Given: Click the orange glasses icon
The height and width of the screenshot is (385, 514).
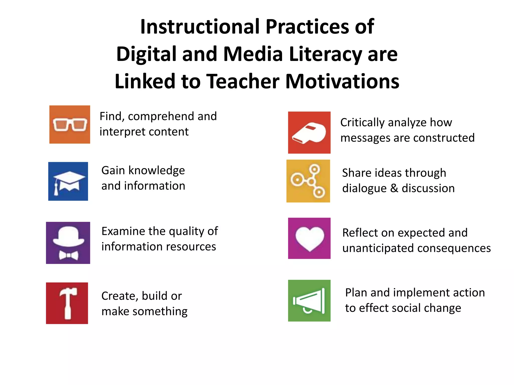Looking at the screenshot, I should click(x=70, y=125).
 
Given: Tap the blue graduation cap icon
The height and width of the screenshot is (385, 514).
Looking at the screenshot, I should click(x=68, y=181).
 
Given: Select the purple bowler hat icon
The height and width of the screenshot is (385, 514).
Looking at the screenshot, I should click(x=68, y=243).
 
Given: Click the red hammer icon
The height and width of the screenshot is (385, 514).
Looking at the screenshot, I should click(x=67, y=303).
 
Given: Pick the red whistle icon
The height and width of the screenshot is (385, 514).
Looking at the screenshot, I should click(x=309, y=132).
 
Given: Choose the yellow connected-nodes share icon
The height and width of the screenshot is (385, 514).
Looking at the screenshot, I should click(x=308, y=181).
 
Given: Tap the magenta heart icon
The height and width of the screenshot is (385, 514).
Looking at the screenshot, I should click(x=309, y=238).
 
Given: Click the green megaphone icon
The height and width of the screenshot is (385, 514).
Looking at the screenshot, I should click(x=309, y=301).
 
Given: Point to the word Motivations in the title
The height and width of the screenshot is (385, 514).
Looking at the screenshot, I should click(x=342, y=81).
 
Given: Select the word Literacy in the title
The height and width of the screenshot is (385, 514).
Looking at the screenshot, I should click(x=325, y=54).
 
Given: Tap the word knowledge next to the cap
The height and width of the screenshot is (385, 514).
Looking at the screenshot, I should click(x=157, y=170).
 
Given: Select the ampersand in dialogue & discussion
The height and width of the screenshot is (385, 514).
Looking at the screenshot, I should click(x=394, y=188).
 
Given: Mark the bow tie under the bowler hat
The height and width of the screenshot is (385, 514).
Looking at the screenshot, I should click(x=68, y=255).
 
